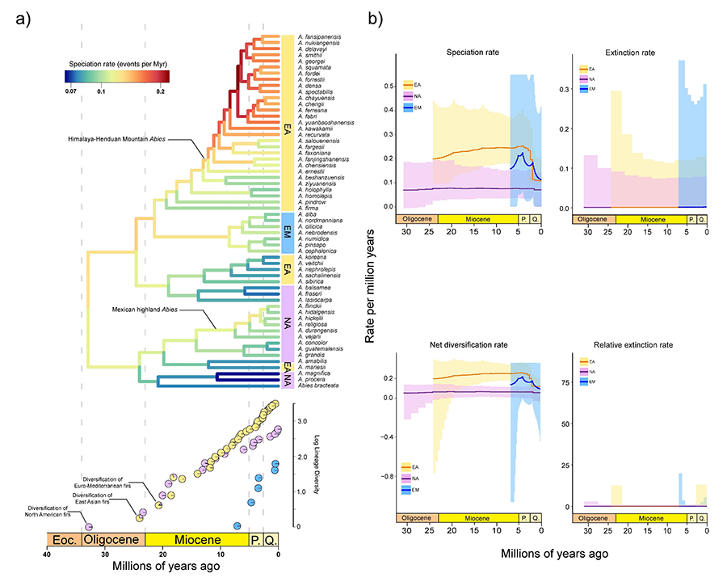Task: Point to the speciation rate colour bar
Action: click(117, 77)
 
